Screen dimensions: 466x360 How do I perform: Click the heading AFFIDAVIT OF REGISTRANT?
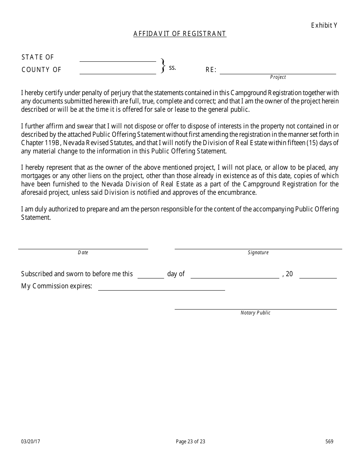(180, 34)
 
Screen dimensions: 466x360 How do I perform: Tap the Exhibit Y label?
(324, 25)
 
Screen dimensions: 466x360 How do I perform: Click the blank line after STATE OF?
(117, 61)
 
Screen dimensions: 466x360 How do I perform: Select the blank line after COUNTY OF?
(117, 73)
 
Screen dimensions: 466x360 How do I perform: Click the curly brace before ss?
(163, 66)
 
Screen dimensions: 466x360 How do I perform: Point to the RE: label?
(211, 70)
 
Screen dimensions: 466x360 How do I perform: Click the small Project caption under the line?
(278, 77)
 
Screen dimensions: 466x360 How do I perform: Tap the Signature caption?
(258, 253)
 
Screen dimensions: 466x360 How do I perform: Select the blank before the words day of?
(150, 278)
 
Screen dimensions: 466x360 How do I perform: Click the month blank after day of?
(235, 278)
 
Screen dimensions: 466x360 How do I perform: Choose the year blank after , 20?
(318, 278)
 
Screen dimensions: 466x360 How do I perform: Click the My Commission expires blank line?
(161, 290)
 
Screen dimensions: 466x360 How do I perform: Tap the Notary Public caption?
(255, 313)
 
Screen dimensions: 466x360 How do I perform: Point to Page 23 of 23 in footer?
(191, 441)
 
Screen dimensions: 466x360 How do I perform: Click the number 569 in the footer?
(329, 441)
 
